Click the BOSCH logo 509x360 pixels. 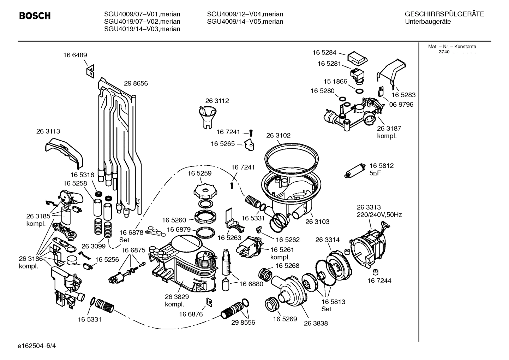pyautogui.click(x=35, y=16)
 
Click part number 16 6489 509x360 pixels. pyautogui.click(x=75, y=55)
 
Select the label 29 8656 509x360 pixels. pyautogui.click(x=136, y=83)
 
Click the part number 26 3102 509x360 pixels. pyautogui.click(x=278, y=135)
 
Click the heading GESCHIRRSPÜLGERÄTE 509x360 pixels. pyautogui.click(x=444, y=14)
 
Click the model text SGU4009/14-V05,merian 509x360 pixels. pyautogui.click(x=245, y=22)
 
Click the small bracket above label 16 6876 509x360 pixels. pyautogui.click(x=209, y=301)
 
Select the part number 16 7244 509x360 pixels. pyautogui.click(x=379, y=281)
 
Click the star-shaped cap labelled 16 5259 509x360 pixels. pyautogui.click(x=204, y=191)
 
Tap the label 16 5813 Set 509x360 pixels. pyautogui.click(x=333, y=305)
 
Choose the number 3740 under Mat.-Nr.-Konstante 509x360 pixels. pyautogui.click(x=444, y=52)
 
